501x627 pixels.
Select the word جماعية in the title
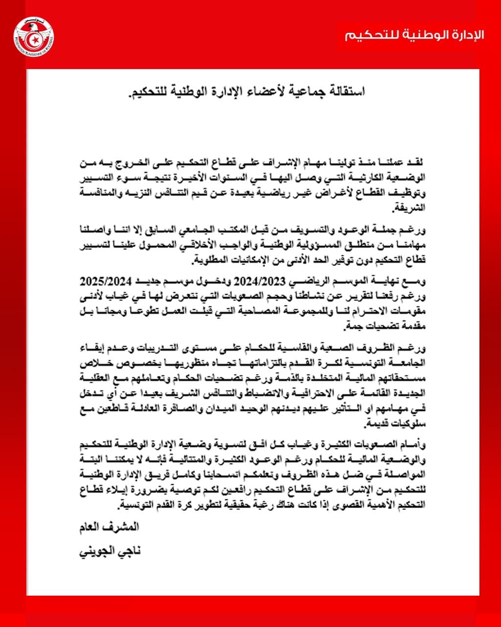click(299, 92)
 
